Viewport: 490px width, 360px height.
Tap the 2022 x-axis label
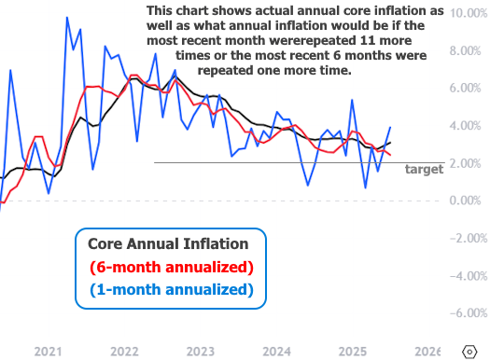coord(124,351)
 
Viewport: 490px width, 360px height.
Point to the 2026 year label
coord(426,351)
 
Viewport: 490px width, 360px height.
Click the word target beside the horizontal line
coord(424,170)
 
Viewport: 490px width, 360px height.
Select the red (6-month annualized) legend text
coord(172,267)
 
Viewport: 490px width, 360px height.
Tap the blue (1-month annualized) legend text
coord(172,289)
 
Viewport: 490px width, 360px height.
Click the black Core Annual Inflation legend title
coord(168,243)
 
